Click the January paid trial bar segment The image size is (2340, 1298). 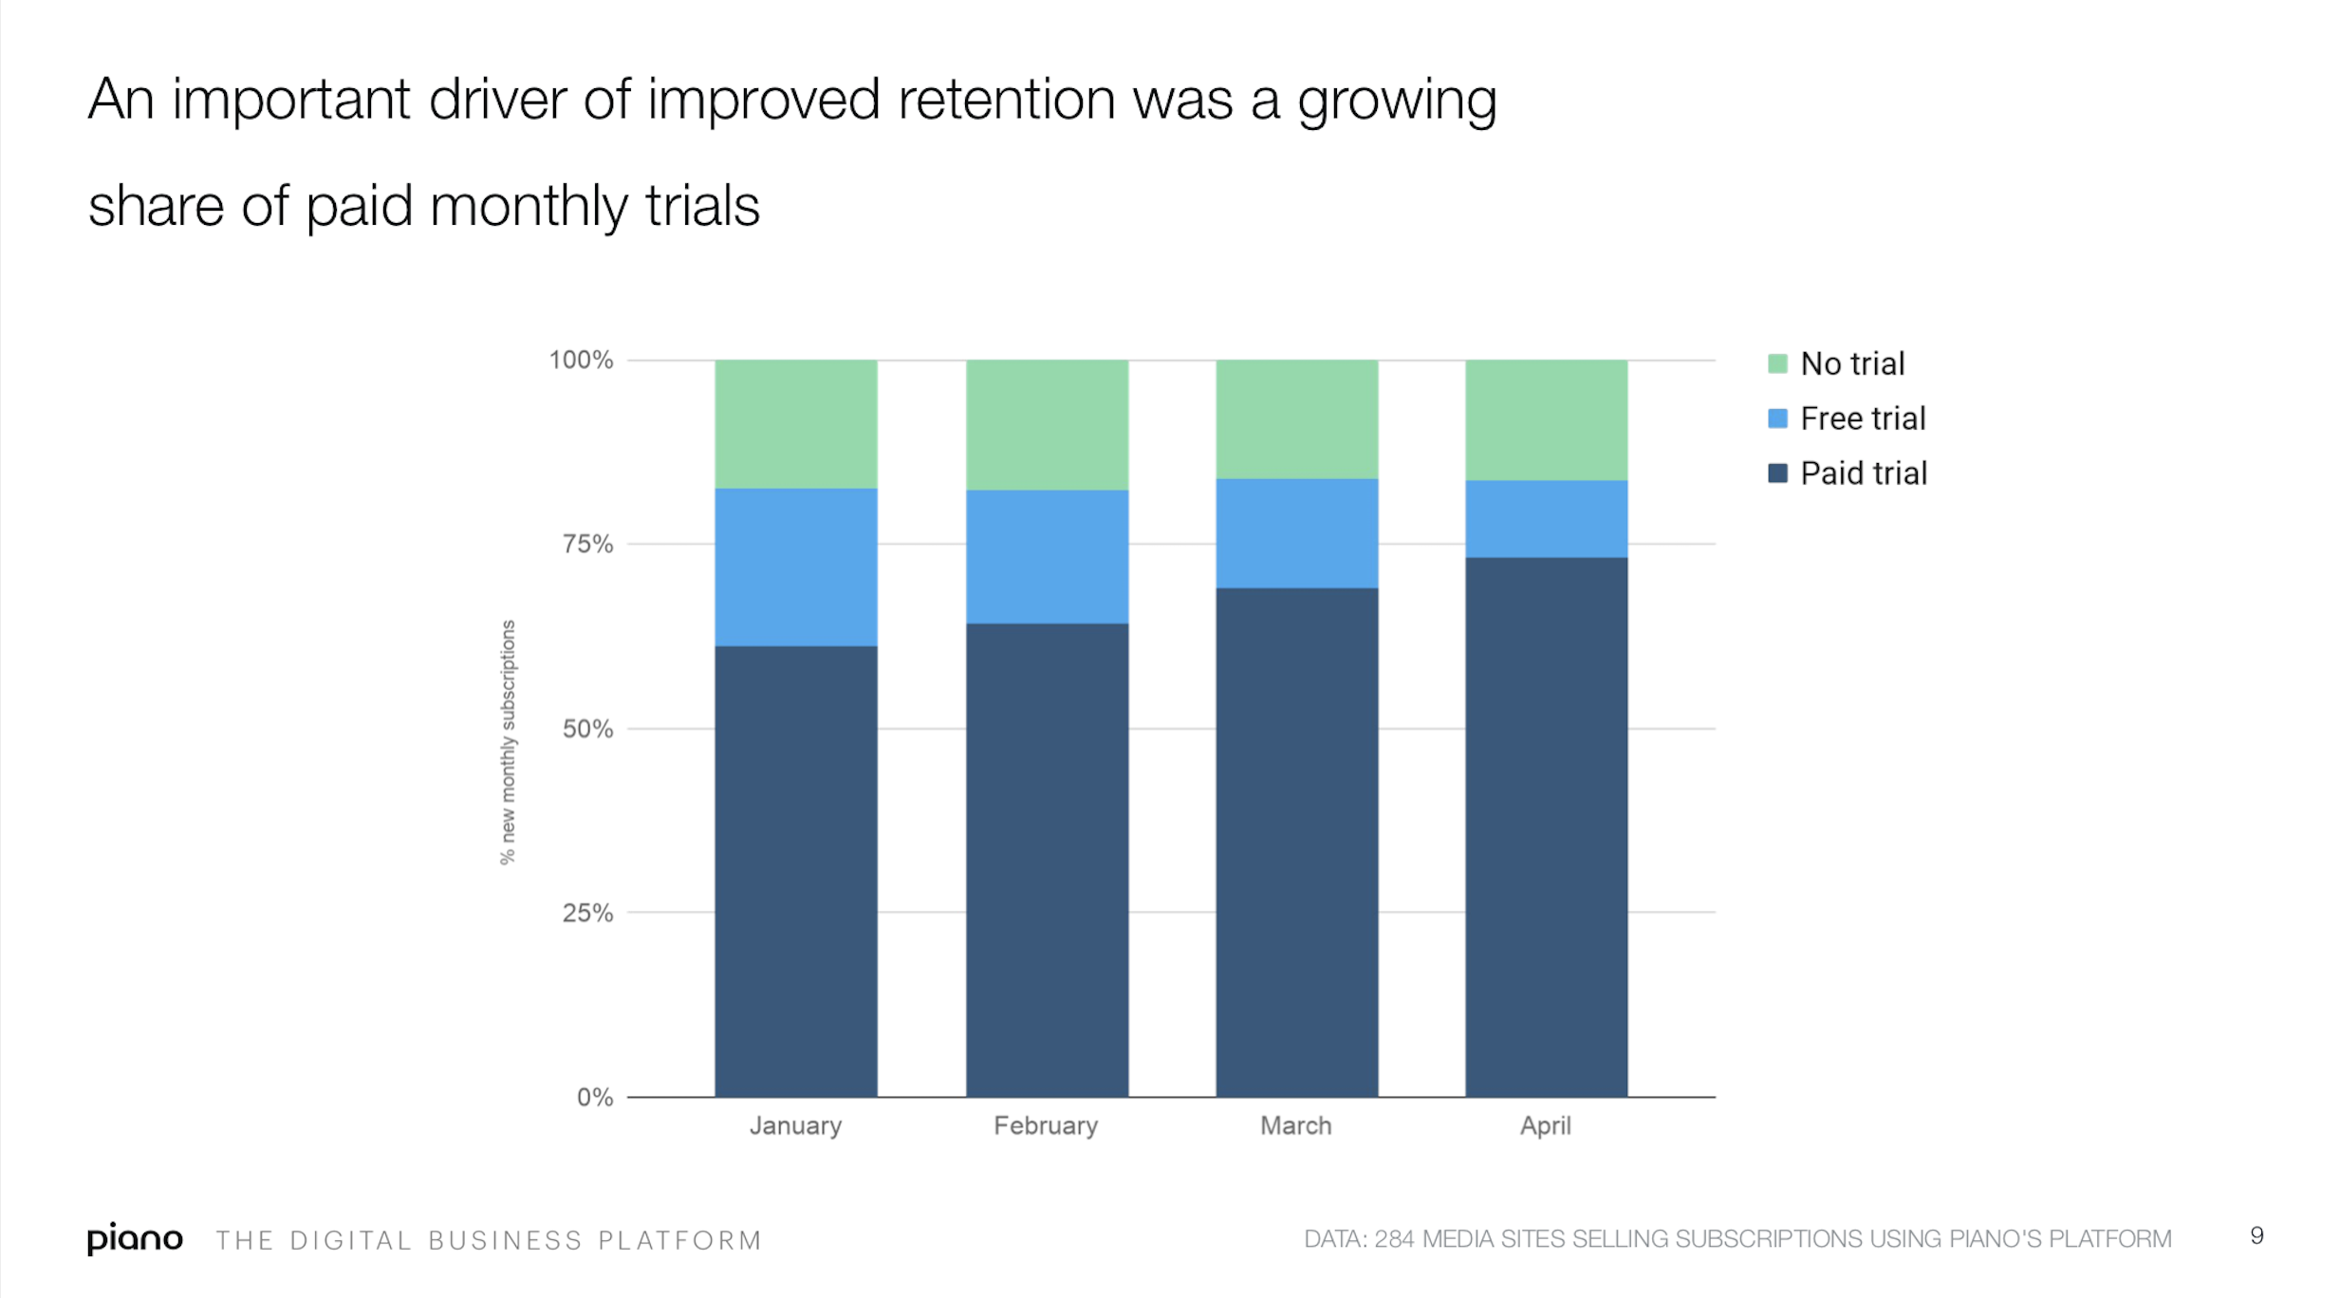tap(795, 871)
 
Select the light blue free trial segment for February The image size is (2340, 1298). tap(1047, 557)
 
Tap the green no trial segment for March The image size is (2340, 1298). tap(1296, 419)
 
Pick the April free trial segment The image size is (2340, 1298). tap(1546, 519)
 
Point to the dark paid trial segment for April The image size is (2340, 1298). tap(1546, 827)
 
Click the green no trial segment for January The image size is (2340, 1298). tap(795, 424)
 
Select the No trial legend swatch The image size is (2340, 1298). tap(1777, 363)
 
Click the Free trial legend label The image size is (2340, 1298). tap(1863, 418)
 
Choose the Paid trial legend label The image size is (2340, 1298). tap(1864, 473)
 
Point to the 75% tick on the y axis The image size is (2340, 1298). tap(587, 544)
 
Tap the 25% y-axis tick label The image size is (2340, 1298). tap(587, 913)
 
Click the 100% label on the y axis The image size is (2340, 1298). tap(581, 360)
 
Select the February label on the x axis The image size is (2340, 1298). tap(1046, 1125)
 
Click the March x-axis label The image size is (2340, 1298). tap(1295, 1125)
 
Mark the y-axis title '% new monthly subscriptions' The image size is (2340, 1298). tap(508, 742)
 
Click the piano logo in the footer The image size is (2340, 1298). tap(135, 1238)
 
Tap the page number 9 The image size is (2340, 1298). tap(2256, 1235)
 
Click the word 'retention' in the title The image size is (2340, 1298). tap(1007, 99)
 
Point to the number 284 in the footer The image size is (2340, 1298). tap(1394, 1238)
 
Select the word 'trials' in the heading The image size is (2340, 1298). tap(702, 206)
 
